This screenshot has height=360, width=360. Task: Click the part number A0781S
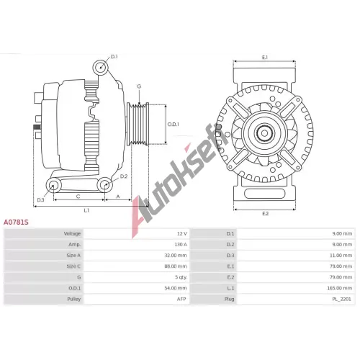(16, 222)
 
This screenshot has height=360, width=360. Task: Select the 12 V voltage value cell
(182, 233)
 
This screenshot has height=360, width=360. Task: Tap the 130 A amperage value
(181, 244)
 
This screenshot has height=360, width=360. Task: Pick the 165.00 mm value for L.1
(340, 288)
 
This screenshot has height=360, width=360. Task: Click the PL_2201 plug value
(341, 299)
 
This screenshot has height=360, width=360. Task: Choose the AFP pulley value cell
(181, 299)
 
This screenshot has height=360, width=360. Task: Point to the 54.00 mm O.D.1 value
(176, 288)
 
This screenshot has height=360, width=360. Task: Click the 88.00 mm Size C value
(176, 266)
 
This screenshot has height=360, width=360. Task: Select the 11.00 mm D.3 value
(341, 256)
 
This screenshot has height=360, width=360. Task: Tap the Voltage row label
(72, 233)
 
